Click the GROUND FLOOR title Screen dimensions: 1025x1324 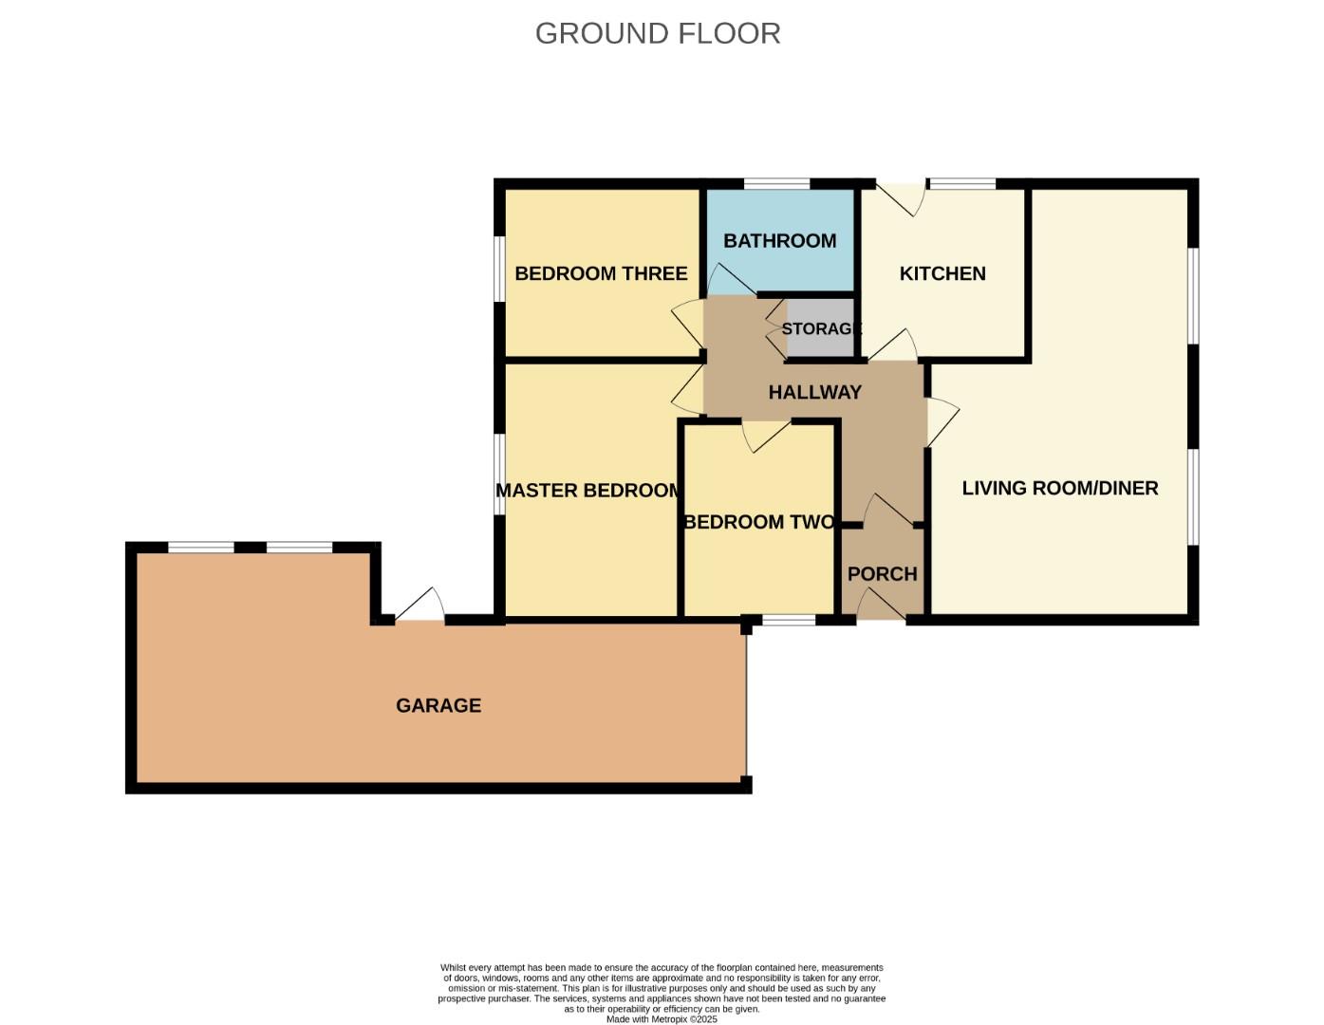click(x=658, y=33)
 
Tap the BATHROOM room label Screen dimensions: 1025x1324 click(x=779, y=241)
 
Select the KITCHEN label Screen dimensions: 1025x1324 click(x=942, y=273)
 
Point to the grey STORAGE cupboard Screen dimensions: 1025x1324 click(x=821, y=328)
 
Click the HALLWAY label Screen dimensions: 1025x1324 click(x=814, y=392)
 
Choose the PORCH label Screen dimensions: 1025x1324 click(x=882, y=574)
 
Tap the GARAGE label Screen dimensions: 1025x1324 click(x=438, y=705)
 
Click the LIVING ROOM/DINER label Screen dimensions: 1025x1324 click(x=1060, y=488)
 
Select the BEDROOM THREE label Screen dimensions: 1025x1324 click(x=601, y=273)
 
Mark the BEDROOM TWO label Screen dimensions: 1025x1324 click(x=759, y=522)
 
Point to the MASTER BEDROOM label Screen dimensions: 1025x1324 click(x=588, y=491)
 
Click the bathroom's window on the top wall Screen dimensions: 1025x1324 click(x=776, y=184)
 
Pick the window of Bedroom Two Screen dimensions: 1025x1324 click(x=789, y=621)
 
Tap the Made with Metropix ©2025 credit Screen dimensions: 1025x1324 click(x=662, y=1019)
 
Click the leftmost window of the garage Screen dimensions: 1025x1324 click(x=201, y=548)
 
